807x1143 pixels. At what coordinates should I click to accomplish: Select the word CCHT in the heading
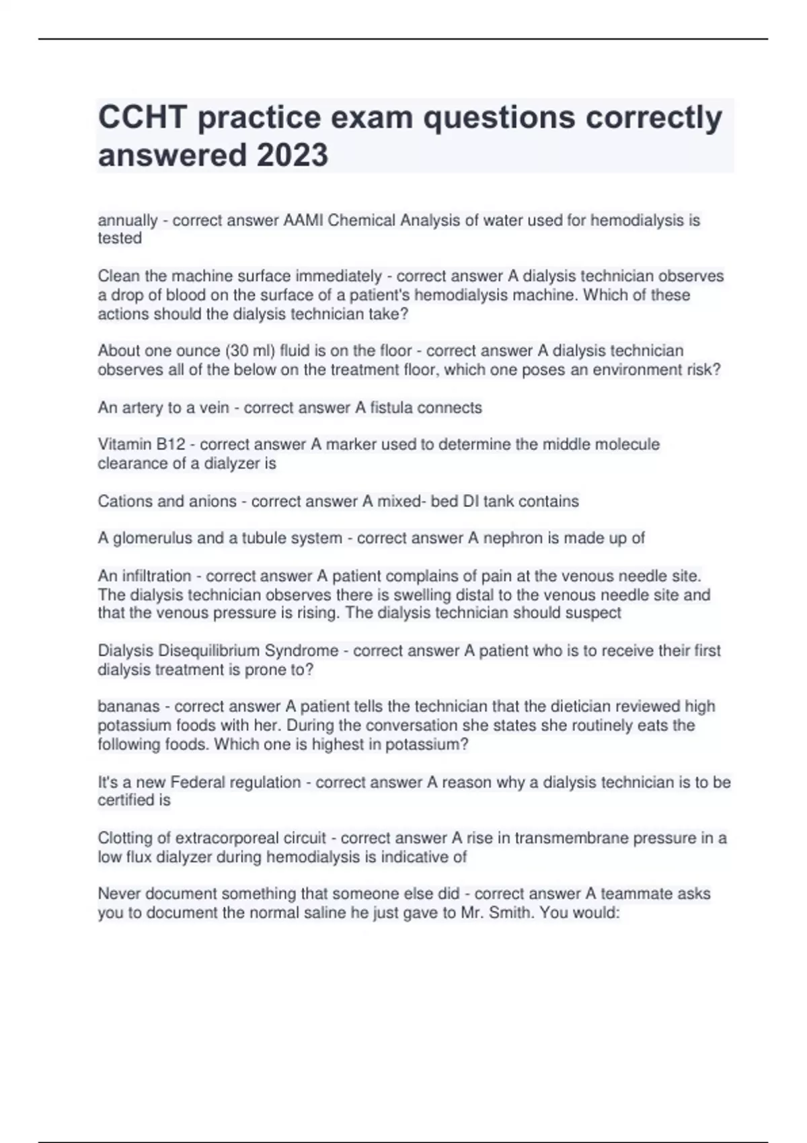pos(143,117)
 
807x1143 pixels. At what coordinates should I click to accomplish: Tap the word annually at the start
pos(127,221)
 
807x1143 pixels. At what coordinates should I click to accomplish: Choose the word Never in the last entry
pos(119,894)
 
